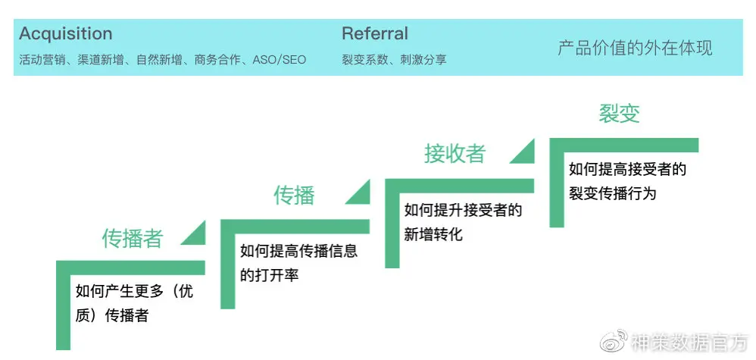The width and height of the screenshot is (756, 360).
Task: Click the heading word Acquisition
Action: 66,34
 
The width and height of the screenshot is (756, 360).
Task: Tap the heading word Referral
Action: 374,34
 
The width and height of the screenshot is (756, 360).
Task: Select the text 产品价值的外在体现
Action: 635,49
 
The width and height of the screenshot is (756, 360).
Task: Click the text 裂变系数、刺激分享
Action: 394,59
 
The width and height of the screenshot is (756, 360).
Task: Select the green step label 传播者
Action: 133,239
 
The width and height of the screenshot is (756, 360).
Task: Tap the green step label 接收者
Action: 455,154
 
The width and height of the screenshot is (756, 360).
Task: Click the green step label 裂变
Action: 619,114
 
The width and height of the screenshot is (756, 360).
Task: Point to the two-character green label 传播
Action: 294,196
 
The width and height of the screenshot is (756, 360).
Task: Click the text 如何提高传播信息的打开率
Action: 299,262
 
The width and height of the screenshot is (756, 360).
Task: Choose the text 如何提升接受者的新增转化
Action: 463,222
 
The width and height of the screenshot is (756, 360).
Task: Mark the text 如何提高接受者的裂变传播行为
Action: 627,181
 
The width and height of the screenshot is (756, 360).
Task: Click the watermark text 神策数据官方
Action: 689,343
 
